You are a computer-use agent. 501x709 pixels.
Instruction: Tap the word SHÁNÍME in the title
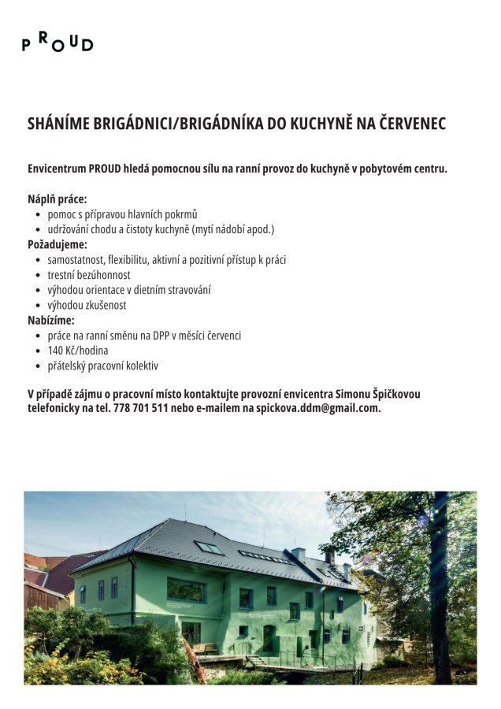[x=58, y=124]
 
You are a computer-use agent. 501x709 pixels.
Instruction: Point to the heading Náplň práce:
[x=57, y=199]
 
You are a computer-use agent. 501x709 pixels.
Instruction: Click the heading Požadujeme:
[x=58, y=244]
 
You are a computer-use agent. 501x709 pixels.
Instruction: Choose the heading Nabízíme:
[x=51, y=320]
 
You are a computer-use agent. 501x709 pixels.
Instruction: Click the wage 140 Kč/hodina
[x=78, y=351]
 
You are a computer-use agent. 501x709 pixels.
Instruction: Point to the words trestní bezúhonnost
[x=89, y=275]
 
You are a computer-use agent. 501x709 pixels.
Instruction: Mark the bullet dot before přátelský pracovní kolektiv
[x=38, y=366]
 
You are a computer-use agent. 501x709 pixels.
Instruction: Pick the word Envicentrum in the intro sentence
[x=57, y=169]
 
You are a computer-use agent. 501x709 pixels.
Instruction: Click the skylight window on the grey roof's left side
[x=209, y=548]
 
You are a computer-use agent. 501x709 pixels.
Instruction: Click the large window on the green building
[x=185, y=590]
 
